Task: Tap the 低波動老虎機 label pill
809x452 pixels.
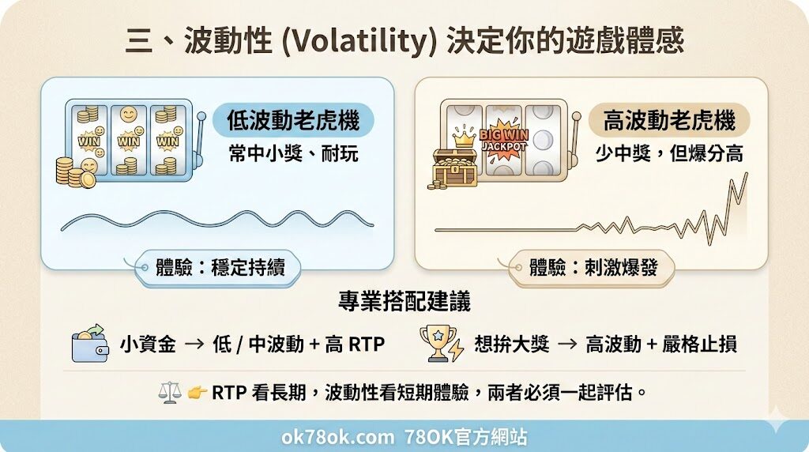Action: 293,120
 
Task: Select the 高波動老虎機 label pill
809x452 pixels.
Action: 669,120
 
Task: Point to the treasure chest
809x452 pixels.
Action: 455,167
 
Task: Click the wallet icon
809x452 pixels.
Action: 90,345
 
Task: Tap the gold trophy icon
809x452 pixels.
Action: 439,344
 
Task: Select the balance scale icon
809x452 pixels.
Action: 170,392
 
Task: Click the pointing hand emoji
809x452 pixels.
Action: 197,392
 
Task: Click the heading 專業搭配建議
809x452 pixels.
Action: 404,303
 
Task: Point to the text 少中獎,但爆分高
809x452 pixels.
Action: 669,152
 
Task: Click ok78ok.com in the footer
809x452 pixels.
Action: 337,437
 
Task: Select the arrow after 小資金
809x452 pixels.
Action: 194,345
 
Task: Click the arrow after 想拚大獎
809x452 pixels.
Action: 566,345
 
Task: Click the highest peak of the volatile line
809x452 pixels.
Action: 745,174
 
